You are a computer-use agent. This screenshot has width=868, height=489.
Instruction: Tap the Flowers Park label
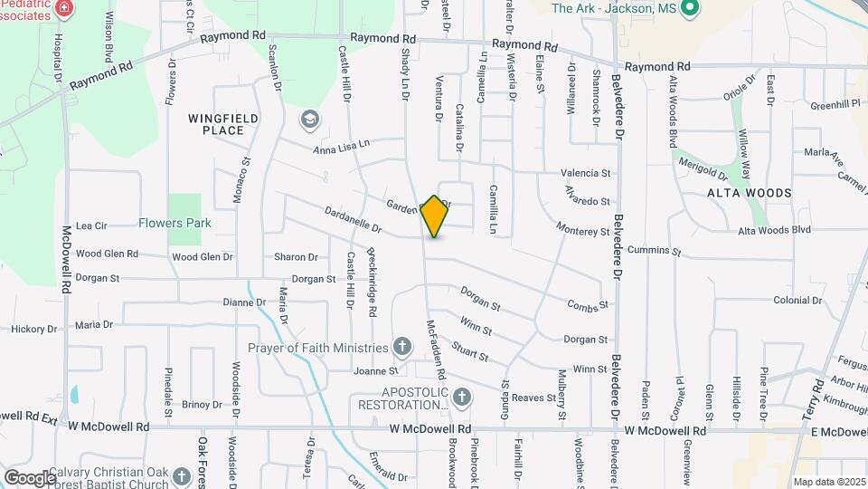click(175, 223)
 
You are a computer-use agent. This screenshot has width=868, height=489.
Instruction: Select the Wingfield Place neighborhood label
click(216, 124)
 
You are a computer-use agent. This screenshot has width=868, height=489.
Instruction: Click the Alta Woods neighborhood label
click(749, 193)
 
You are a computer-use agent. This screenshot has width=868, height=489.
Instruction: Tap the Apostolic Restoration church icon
click(462, 397)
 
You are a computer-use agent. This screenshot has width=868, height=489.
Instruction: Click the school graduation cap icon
click(310, 119)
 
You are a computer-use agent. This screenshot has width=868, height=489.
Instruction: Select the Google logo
click(30, 477)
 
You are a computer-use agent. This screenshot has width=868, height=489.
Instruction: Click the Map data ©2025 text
click(827, 482)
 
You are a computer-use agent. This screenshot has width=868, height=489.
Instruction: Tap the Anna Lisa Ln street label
click(342, 146)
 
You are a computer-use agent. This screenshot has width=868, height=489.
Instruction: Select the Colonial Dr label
click(797, 300)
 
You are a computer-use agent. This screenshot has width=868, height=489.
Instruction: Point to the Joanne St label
click(375, 371)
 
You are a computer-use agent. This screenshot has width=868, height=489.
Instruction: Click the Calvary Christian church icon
click(181, 475)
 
